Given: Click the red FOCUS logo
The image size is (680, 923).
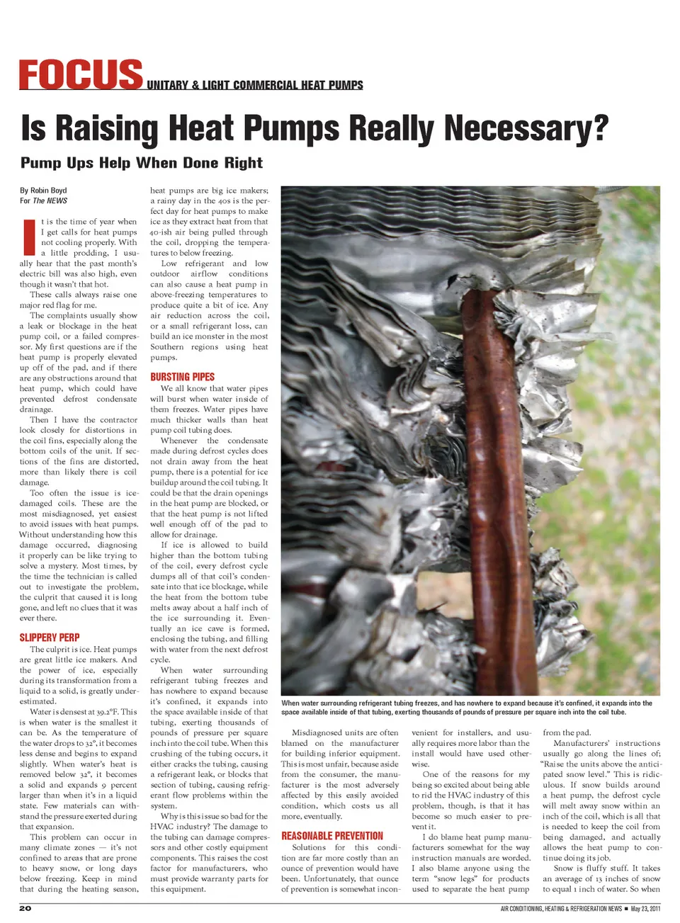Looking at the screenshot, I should coord(81,75).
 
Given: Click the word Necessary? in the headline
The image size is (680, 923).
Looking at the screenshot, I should coord(527,128).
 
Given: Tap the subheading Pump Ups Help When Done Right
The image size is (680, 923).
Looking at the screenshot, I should coord(142,163).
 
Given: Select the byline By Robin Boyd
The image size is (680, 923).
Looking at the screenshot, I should coord(43,191).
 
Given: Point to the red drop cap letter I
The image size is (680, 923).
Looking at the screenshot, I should coord(29,237).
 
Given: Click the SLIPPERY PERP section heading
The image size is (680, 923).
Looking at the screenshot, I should coord(50,638).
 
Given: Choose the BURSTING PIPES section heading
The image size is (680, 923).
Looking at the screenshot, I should coord(182,377).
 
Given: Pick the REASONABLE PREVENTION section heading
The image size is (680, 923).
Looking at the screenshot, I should coord(331,836).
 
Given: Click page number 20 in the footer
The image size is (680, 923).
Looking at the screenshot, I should coord(25,908).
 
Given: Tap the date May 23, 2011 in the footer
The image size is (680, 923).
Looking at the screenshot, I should coord(645,909).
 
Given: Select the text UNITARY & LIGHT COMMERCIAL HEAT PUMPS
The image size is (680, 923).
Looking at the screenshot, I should coord(255,85).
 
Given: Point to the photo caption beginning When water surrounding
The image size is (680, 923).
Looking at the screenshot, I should coord(466,708).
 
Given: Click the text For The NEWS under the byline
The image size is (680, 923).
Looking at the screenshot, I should coord(43,201).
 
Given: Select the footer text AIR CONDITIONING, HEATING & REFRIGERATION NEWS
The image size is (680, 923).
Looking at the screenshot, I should coord(561,909).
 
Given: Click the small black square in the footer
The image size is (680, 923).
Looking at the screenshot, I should coord(626,909).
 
